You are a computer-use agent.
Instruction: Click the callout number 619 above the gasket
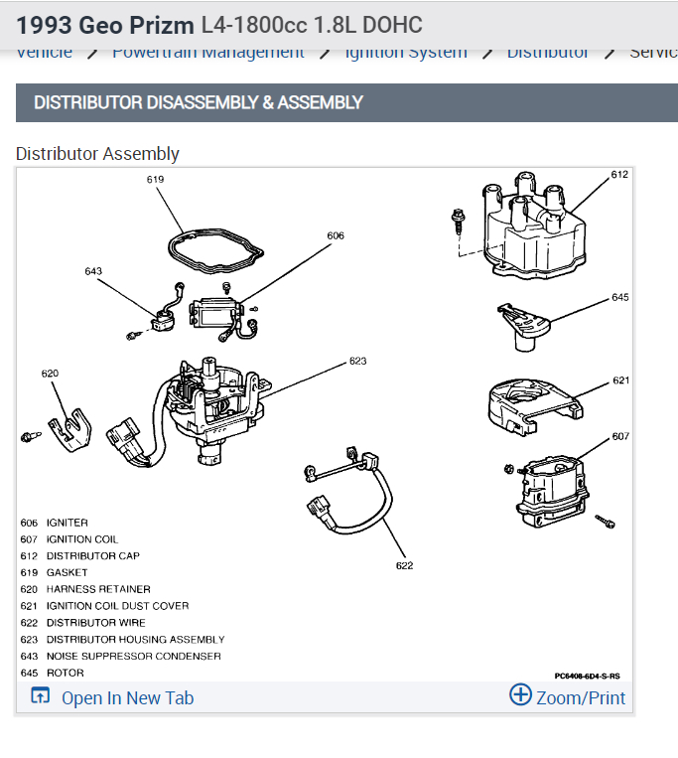click(155, 180)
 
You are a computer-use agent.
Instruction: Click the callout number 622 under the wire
click(404, 565)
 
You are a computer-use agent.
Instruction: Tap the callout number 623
click(357, 362)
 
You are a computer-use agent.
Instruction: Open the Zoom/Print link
click(568, 696)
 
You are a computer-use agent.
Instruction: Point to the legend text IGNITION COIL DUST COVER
click(117, 606)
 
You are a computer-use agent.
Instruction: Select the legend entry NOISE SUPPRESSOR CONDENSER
click(133, 657)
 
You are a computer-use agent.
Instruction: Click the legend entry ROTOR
click(65, 674)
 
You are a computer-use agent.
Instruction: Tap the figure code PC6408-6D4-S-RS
click(587, 676)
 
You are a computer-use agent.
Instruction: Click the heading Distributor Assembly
click(97, 154)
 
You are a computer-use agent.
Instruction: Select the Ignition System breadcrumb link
click(406, 53)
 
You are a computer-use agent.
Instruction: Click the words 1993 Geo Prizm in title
click(104, 23)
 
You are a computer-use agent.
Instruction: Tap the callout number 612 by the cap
click(619, 175)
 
